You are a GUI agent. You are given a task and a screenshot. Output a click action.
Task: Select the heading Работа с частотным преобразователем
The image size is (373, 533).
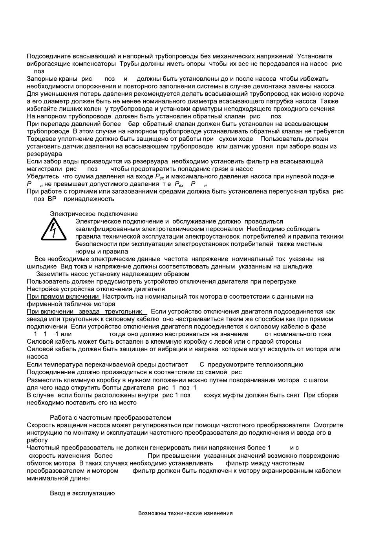(110, 418)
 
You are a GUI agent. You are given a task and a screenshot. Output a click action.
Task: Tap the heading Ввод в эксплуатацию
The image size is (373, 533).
(82, 493)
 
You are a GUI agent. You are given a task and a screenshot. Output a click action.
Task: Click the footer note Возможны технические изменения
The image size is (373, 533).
(185, 513)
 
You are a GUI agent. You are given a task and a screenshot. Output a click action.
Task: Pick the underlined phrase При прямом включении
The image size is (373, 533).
(62, 297)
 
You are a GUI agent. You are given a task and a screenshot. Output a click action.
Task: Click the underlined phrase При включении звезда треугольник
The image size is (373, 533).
(86, 312)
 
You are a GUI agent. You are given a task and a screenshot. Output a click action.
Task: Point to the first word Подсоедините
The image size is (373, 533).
(46, 56)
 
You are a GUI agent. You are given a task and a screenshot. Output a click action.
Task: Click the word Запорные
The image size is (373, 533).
(40, 79)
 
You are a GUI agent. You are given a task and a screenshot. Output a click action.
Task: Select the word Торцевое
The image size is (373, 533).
(40, 139)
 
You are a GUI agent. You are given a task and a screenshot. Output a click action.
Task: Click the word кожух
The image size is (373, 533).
(212, 395)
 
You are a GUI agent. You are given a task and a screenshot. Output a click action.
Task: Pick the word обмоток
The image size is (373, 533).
(40, 463)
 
